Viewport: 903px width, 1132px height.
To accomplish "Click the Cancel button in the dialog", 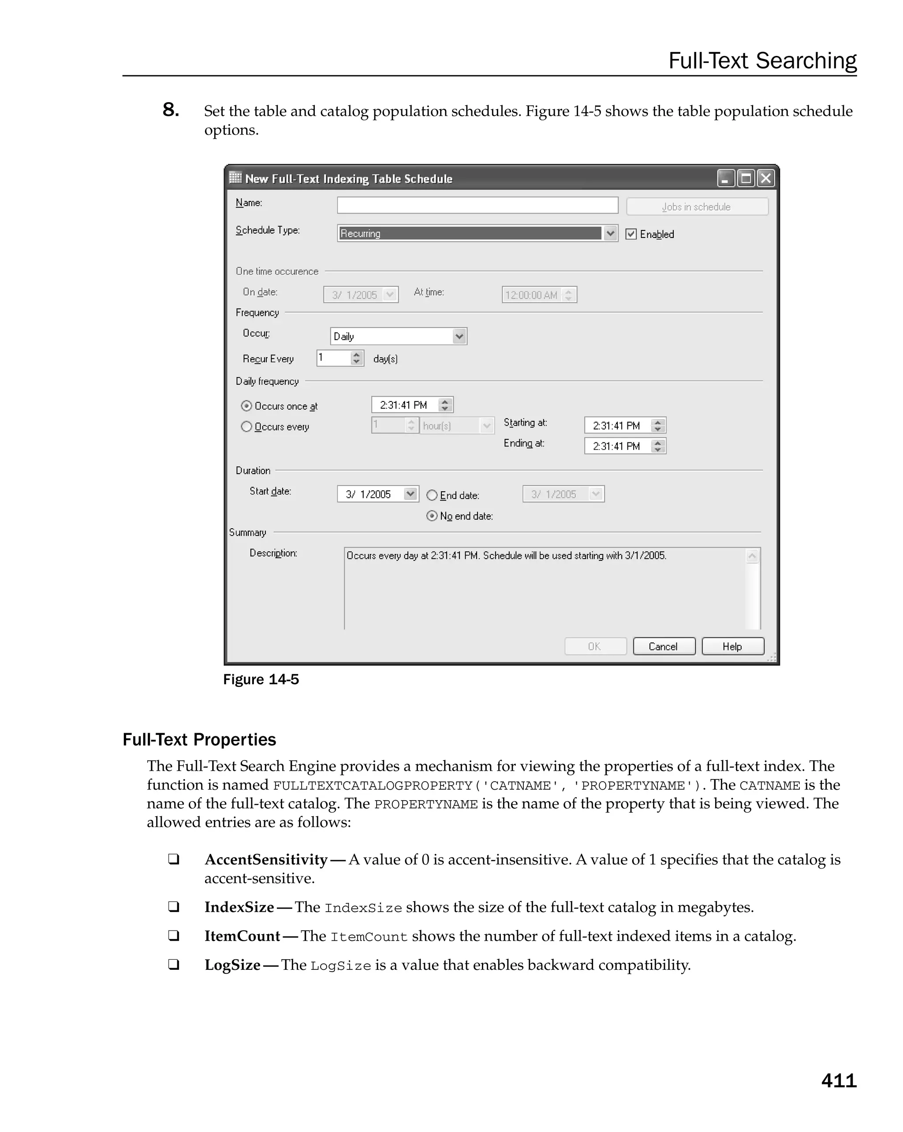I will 664,646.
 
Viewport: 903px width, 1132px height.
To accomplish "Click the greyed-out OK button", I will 595,646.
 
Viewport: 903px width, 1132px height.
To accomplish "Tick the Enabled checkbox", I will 631,234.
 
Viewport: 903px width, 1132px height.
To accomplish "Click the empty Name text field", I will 477,205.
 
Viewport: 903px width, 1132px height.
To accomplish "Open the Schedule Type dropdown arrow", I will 610,233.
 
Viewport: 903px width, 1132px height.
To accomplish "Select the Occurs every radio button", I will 246,427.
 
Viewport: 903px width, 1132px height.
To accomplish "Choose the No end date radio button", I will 432,516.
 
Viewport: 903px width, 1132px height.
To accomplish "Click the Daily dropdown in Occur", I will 398,336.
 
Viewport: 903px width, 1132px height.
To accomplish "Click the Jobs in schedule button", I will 697,207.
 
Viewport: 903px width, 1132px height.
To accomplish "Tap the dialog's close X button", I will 766,178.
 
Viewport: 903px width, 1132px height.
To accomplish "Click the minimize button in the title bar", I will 725,178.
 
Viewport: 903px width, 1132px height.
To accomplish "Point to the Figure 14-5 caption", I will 261,679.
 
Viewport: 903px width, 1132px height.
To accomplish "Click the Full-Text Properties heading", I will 199,739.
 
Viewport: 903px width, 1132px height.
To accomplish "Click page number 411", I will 838,1080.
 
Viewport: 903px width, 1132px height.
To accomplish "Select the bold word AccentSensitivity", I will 266,860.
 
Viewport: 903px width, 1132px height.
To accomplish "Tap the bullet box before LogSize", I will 173,965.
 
